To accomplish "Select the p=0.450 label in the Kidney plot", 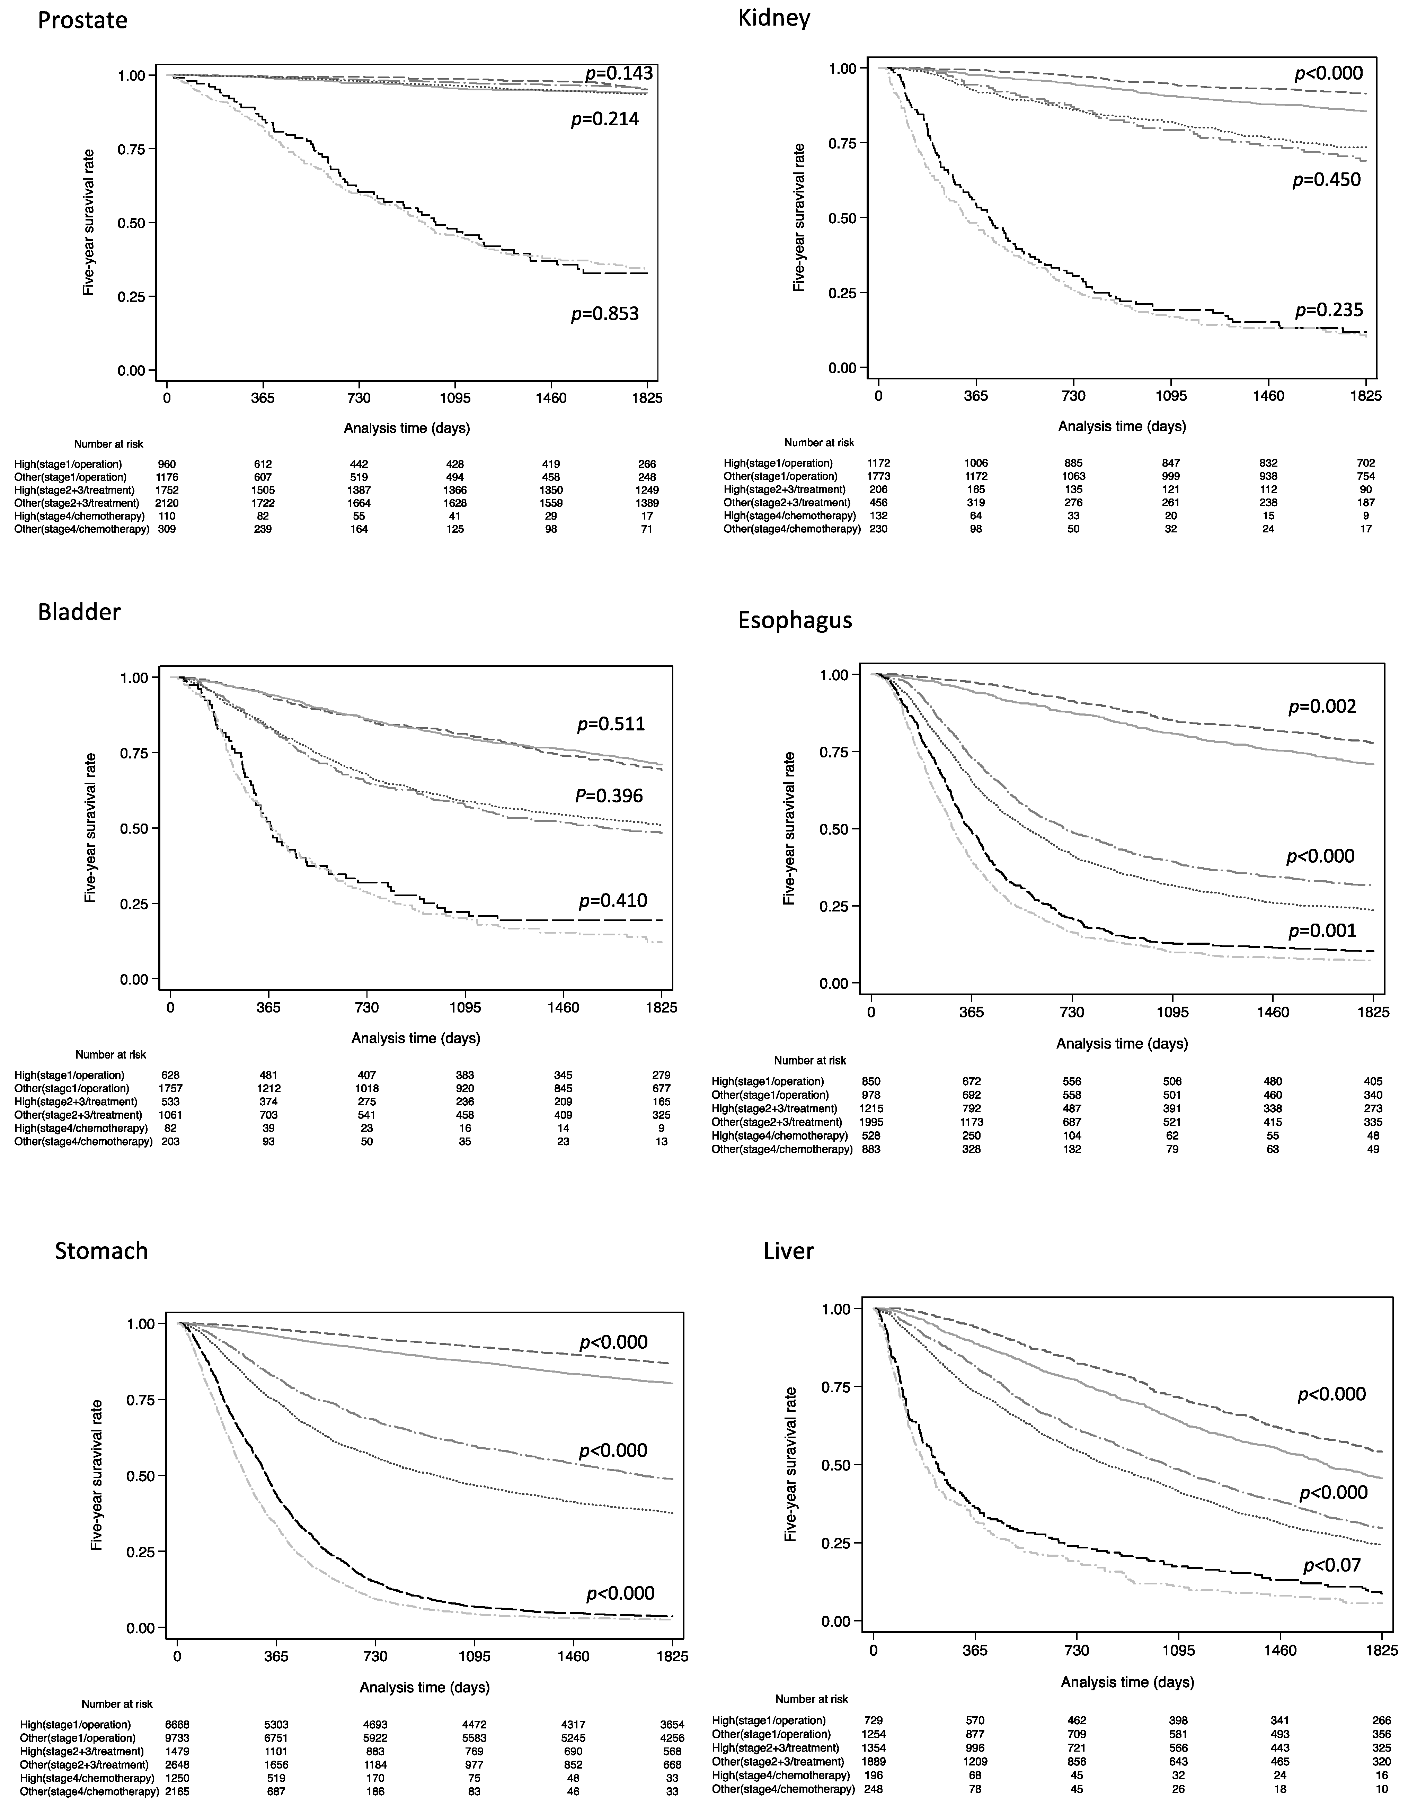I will pyautogui.click(x=1327, y=180).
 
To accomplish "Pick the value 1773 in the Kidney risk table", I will pyautogui.click(x=878, y=477).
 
